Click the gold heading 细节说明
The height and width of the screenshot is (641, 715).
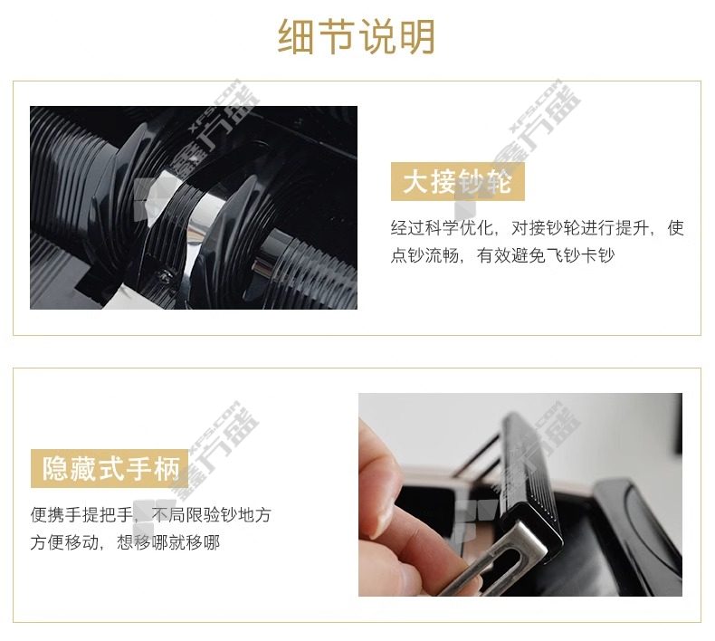[356, 36]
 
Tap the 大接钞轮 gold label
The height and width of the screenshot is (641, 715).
[457, 182]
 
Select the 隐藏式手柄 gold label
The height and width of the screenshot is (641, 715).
[110, 469]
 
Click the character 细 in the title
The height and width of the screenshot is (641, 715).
[296, 36]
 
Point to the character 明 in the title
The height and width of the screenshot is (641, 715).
[417, 36]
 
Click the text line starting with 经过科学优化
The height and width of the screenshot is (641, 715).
[538, 227]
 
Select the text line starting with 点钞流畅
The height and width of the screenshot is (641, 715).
[502, 255]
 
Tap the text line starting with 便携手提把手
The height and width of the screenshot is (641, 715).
[151, 515]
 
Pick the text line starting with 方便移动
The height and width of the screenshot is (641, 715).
[125, 542]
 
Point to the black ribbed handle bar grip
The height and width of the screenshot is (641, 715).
[531, 474]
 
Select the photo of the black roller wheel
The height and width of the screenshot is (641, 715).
[194, 207]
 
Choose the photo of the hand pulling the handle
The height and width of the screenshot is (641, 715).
[520, 494]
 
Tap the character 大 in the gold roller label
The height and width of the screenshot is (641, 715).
[415, 182]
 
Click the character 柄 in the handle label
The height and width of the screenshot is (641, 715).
[167, 469]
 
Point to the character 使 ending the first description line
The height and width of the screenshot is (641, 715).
[676, 227]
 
